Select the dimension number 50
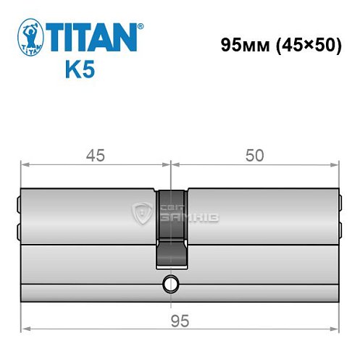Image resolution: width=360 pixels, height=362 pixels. point(254,155)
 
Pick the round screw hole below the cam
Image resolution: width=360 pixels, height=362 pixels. point(171,283)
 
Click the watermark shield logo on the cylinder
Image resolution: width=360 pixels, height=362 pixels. point(141,212)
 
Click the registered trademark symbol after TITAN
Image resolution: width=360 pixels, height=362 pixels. point(140,26)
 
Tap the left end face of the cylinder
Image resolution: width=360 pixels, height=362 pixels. point(18,217)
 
